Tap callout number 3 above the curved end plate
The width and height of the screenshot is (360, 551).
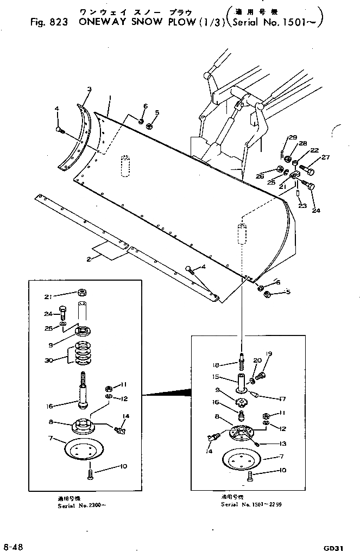[x=90, y=89]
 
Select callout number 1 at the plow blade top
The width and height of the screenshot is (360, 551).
[x=110, y=98]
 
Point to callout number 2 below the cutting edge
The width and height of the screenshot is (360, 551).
[x=89, y=259]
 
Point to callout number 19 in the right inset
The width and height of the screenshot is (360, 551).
[x=268, y=354]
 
